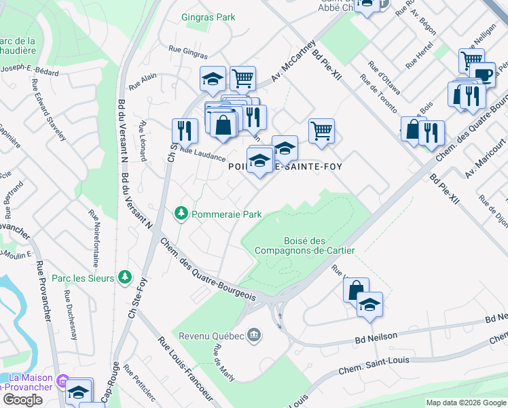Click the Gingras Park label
coord(208,17)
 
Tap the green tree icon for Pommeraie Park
coord(181,214)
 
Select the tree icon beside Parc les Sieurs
coord(124,277)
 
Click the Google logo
coord(22,400)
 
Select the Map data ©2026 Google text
coord(466,403)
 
